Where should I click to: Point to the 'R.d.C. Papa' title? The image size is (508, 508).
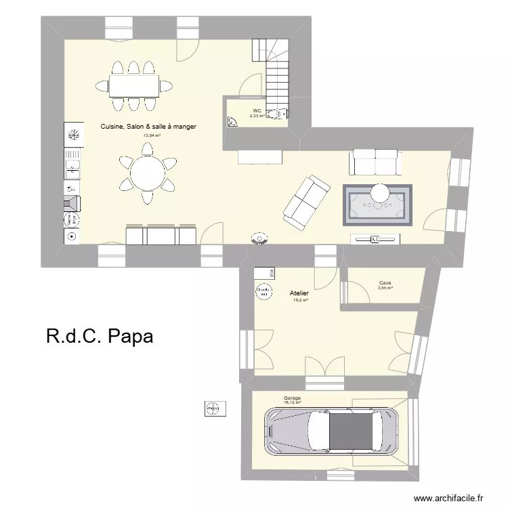(100, 337)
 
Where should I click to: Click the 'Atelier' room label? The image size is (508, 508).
(299, 293)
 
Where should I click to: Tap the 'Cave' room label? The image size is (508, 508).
(385, 283)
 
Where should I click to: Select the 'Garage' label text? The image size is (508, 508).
(293, 398)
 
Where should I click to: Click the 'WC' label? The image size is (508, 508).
(257, 110)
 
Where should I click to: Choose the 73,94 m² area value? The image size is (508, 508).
(152, 135)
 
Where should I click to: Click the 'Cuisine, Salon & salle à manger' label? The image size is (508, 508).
(148, 126)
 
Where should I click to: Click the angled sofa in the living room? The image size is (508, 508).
(307, 201)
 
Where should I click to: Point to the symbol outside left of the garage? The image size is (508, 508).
(212, 408)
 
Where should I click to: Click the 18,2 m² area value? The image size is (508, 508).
(301, 300)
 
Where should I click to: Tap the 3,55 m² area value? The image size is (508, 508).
(385, 289)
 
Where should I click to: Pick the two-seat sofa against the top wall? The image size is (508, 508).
(375, 162)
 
